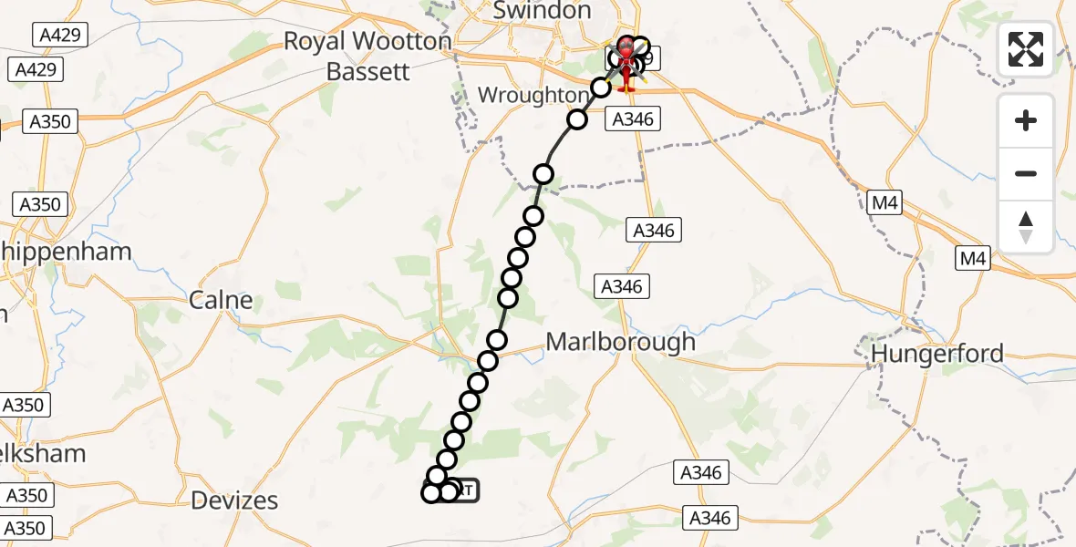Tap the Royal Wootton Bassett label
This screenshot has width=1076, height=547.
[x=367, y=55]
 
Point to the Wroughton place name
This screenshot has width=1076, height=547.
[x=533, y=95]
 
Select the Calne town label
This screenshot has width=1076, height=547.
[x=221, y=300]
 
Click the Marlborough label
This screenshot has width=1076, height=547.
[x=620, y=342]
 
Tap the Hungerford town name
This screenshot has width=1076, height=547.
[x=937, y=353]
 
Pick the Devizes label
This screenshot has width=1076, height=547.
[x=235, y=500]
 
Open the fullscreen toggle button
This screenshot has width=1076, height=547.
[x=1026, y=49]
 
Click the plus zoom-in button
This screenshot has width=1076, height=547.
[x=1026, y=121]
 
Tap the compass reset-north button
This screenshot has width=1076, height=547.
[x=1026, y=227]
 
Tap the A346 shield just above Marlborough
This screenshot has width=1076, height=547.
[x=622, y=286]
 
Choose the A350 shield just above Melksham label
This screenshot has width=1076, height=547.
[x=26, y=405]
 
